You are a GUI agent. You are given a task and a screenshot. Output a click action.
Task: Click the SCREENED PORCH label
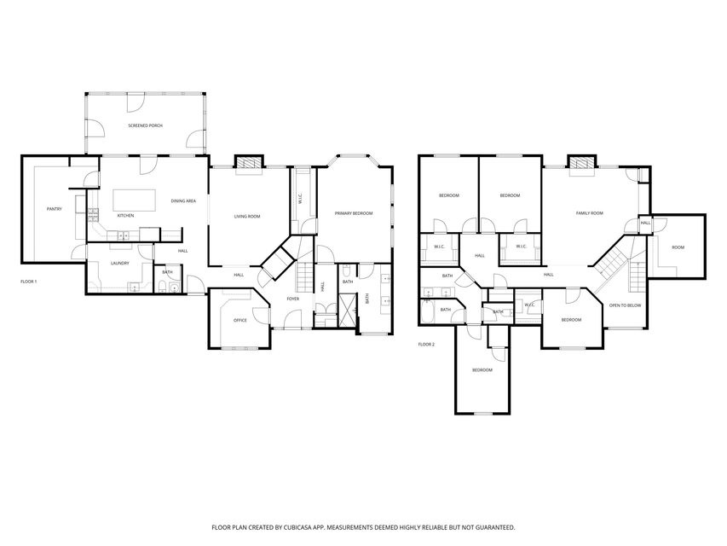tap(145, 125)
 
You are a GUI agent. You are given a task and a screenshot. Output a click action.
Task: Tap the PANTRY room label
tap(55, 209)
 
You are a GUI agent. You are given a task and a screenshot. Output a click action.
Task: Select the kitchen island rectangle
tap(135, 200)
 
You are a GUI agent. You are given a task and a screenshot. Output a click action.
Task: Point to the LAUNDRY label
tap(120, 264)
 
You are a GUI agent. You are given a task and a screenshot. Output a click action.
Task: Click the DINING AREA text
tap(183, 201)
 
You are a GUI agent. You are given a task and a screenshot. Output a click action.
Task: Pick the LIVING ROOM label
tap(247, 217)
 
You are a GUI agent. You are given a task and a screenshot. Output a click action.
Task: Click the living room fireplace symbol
tap(250, 163)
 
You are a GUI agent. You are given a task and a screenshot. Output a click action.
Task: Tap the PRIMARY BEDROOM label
tap(354, 213)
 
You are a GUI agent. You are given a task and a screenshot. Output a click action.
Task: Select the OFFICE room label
tap(240, 321)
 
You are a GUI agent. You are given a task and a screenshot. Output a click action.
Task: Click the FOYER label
tap(293, 299)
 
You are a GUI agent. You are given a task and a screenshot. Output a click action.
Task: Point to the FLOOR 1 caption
tap(29, 282)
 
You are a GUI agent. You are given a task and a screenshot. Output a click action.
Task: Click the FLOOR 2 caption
tap(426, 345)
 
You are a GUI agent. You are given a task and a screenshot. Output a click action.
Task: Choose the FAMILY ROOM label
tap(590, 213)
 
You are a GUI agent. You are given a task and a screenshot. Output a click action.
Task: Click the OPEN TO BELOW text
tap(625, 305)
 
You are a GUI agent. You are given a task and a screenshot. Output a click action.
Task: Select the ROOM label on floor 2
tap(678, 247)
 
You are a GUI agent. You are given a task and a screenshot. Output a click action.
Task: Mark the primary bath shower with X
tap(348, 308)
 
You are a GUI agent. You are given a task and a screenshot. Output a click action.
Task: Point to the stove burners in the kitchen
tap(93, 214)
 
